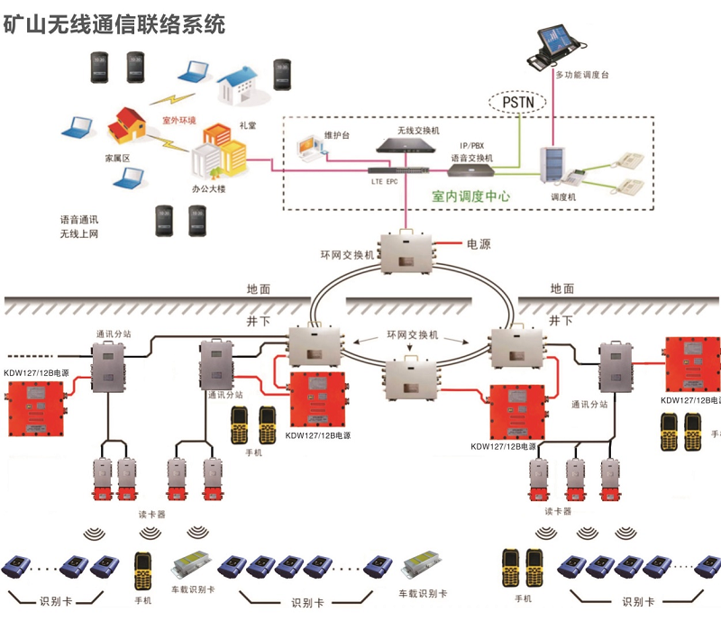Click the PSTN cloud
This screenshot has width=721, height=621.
tap(517, 102)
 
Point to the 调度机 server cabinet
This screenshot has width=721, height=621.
tap(552, 166)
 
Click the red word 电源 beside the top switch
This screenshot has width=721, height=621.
tap(479, 244)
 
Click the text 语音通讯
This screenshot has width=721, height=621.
tap(79, 219)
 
